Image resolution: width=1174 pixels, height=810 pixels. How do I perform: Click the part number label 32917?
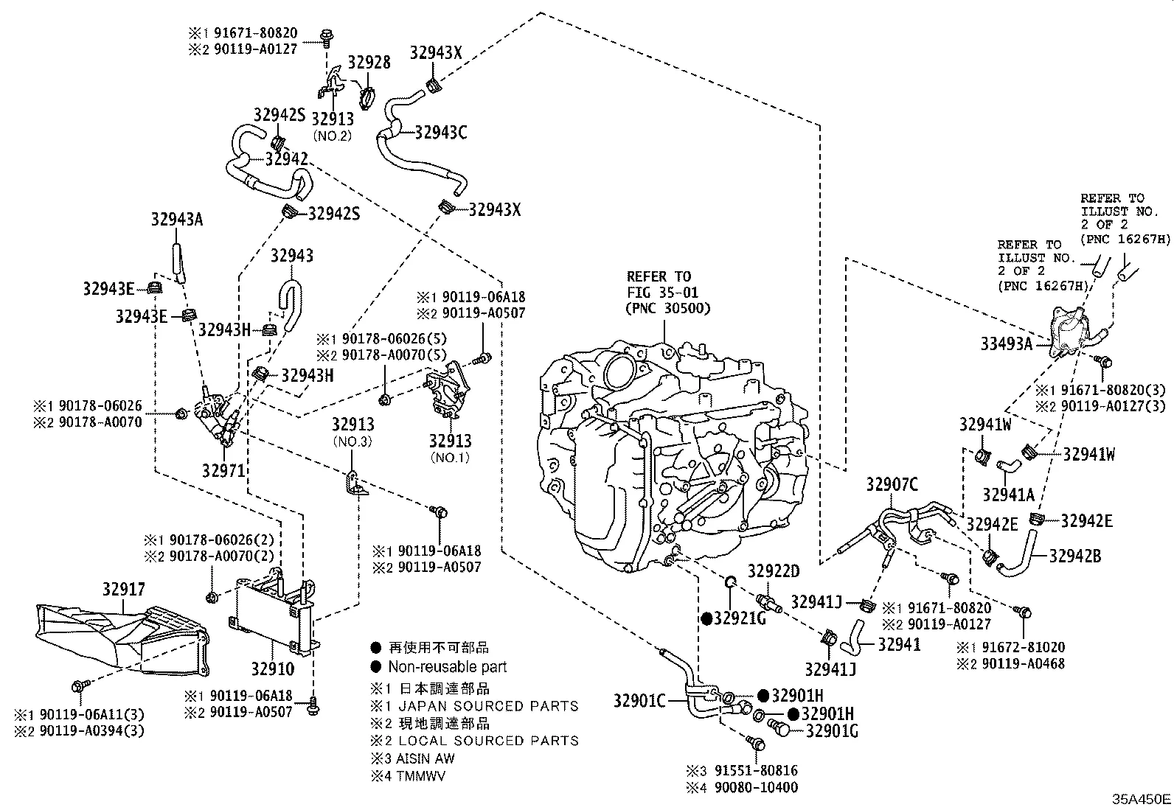pos(123,589)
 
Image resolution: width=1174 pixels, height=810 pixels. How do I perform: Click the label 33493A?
pos(1006,343)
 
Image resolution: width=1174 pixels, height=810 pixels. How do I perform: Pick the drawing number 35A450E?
pos(1142,799)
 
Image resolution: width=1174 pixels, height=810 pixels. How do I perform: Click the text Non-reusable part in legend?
pos(447,667)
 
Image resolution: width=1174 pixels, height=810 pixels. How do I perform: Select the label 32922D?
pos(774,572)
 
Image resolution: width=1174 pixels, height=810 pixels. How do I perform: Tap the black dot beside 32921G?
pos(706,618)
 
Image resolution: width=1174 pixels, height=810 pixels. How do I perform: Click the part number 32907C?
pos(892,484)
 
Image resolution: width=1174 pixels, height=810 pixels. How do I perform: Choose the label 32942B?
pos(1074,556)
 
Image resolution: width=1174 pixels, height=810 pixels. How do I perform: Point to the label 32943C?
pos(440,133)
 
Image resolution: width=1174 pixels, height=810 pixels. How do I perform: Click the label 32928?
pos(369,62)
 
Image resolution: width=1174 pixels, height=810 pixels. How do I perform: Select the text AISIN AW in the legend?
pos(426,758)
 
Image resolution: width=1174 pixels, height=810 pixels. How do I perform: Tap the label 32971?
pos(223,469)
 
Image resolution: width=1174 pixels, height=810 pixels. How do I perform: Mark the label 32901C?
pos(639,700)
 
